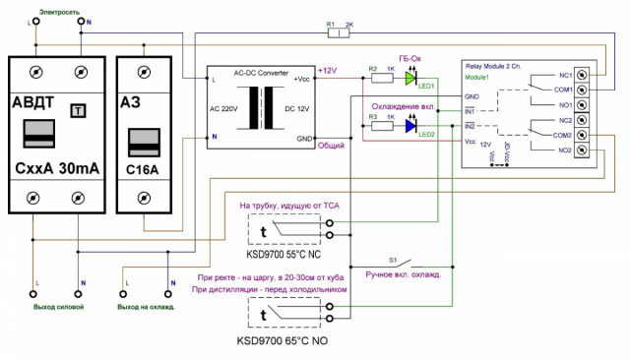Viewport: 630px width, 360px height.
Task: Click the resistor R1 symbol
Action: click(x=338, y=32)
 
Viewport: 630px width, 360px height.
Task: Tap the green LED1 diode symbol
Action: click(x=411, y=78)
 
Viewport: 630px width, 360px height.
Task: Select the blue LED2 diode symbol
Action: click(x=411, y=126)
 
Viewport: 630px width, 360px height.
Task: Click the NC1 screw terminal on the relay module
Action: click(x=583, y=75)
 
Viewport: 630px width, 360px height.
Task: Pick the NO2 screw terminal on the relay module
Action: click(x=583, y=150)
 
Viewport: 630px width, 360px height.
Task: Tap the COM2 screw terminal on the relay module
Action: click(x=583, y=135)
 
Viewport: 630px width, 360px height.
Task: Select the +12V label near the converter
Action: click(x=328, y=70)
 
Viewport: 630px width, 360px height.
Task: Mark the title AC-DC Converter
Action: click(x=261, y=73)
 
